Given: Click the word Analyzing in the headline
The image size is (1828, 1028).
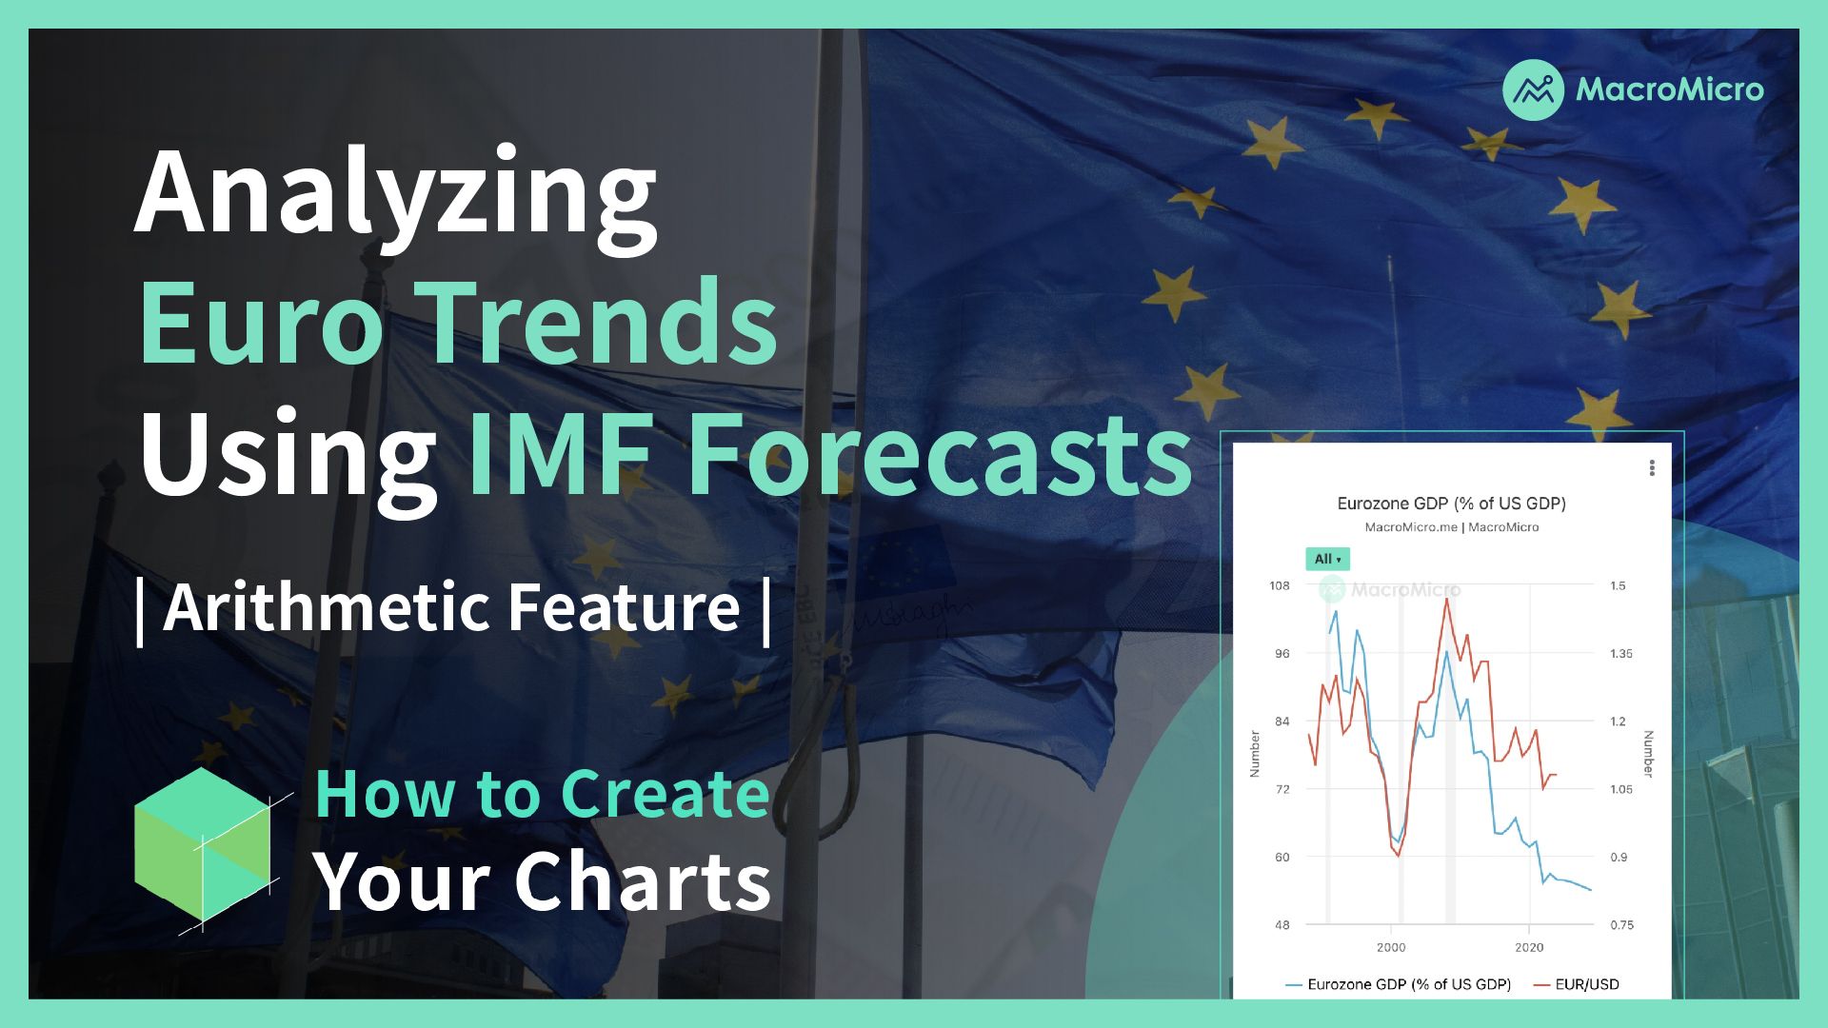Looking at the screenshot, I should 396,195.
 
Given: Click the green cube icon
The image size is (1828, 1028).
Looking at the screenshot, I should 203,845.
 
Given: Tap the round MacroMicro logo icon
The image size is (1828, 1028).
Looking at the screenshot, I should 1533,90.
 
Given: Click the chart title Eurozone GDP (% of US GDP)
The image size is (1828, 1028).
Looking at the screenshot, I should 1451,504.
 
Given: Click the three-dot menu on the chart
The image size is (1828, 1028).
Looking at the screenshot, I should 1652,468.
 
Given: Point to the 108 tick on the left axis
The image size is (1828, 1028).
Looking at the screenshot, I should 1280,585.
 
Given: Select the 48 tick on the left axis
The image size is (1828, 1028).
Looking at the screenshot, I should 1282,925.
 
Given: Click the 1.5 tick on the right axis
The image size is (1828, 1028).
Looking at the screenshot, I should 1618,585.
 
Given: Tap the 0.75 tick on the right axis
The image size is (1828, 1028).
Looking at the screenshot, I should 1620,925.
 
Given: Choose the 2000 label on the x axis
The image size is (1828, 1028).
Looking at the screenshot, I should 1391,947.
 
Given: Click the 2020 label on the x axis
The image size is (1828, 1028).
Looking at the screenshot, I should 1529,947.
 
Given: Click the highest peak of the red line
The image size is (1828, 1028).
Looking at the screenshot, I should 1447,599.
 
